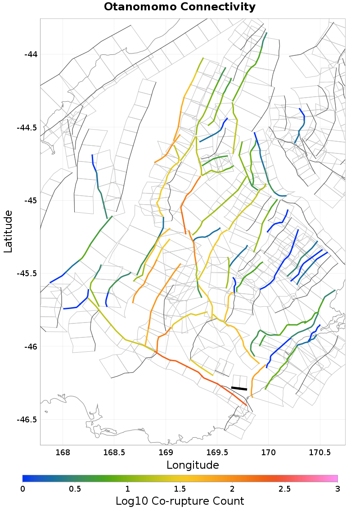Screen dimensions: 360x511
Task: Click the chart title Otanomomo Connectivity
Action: (180, 7)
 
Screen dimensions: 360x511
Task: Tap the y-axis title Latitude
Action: (8, 231)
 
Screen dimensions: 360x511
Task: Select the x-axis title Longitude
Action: (193, 465)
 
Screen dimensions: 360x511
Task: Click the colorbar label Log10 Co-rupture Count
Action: (180, 501)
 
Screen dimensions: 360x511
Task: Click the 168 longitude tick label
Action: (63, 452)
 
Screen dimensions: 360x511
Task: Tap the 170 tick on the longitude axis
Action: (269, 452)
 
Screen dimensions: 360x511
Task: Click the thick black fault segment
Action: (239, 388)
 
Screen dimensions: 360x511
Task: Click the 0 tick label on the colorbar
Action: (23, 489)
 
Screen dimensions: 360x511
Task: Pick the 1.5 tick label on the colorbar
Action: (180, 489)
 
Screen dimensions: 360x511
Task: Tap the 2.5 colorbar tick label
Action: (285, 489)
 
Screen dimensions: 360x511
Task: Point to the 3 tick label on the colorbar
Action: (337, 489)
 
